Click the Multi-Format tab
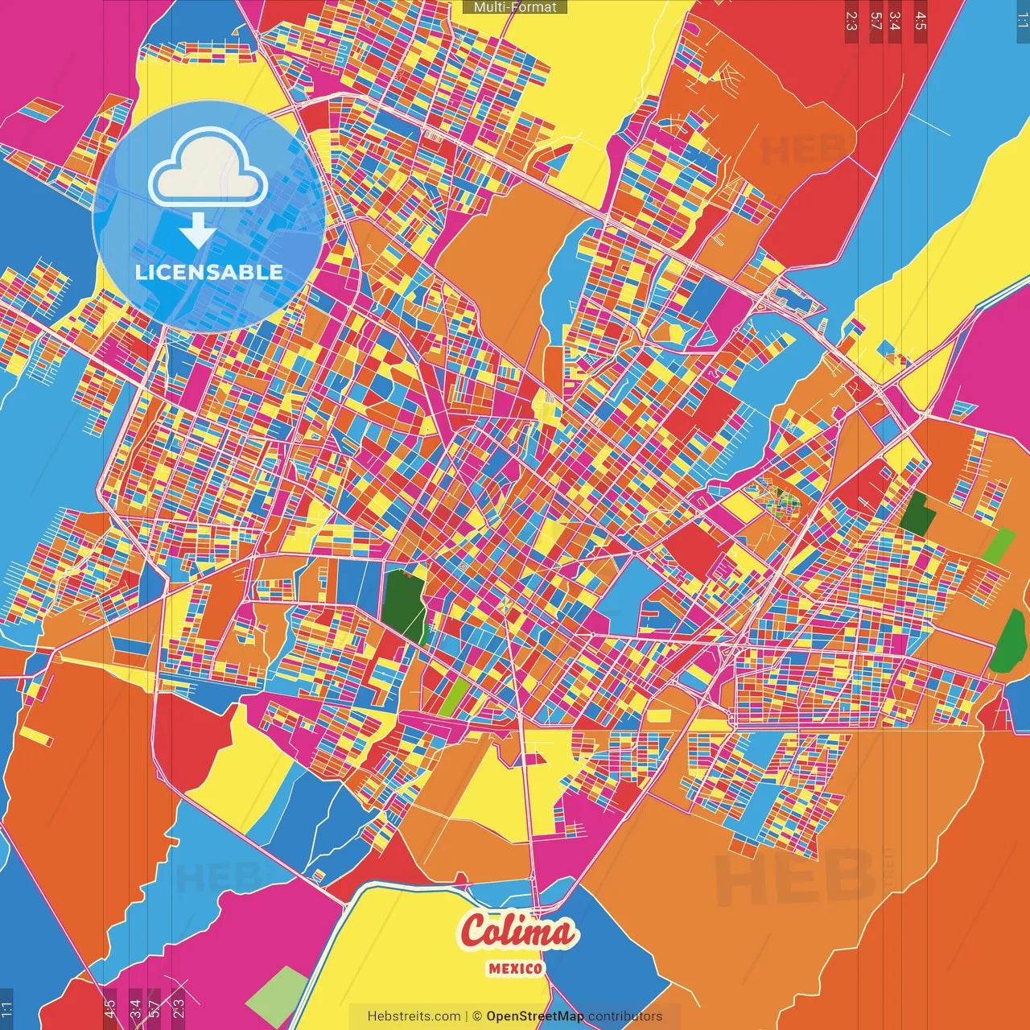click(515, 7)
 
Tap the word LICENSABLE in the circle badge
click(209, 272)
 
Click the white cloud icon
click(208, 170)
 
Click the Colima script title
click(517, 932)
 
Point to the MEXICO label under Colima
click(515, 968)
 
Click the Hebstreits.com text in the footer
click(414, 1016)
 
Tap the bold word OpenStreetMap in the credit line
click(535, 1016)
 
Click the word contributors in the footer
click(625, 1016)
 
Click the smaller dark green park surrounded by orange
click(916, 514)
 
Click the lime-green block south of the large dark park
click(454, 697)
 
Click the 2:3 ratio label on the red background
click(851, 21)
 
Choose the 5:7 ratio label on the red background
click(875, 21)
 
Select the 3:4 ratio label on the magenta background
click(135, 1007)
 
